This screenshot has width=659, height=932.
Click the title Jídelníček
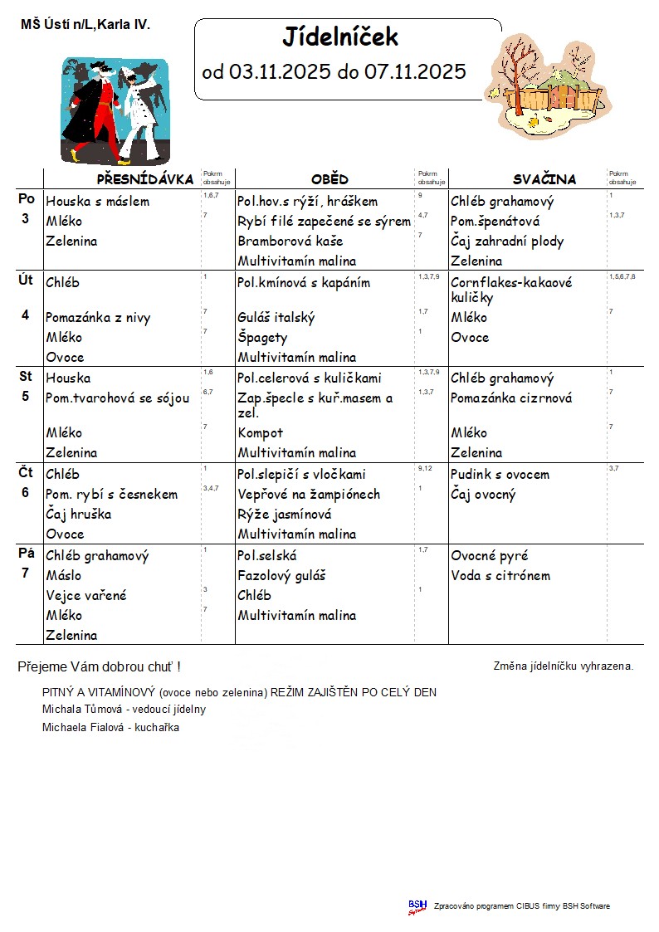pos(340,37)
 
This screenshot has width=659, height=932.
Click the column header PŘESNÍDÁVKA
pos(145,179)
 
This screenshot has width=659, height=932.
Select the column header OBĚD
pos(329,179)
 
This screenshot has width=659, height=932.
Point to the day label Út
pos(26,280)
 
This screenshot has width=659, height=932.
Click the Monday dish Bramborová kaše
pos(290,242)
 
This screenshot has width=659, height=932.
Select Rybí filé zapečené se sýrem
pos(324,222)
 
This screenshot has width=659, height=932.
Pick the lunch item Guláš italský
pos(276,317)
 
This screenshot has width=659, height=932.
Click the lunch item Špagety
pos(262,337)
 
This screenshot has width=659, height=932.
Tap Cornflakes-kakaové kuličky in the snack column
pos(511,290)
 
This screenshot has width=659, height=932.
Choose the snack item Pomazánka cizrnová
pos(511,398)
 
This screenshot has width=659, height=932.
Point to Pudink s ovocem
pos(500,474)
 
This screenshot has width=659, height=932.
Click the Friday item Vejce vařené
pos(86,595)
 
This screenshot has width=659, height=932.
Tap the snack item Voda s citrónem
pos(500,575)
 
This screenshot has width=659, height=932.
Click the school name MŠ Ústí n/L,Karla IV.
pos(85,25)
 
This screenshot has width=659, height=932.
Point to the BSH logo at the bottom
pos(417,905)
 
